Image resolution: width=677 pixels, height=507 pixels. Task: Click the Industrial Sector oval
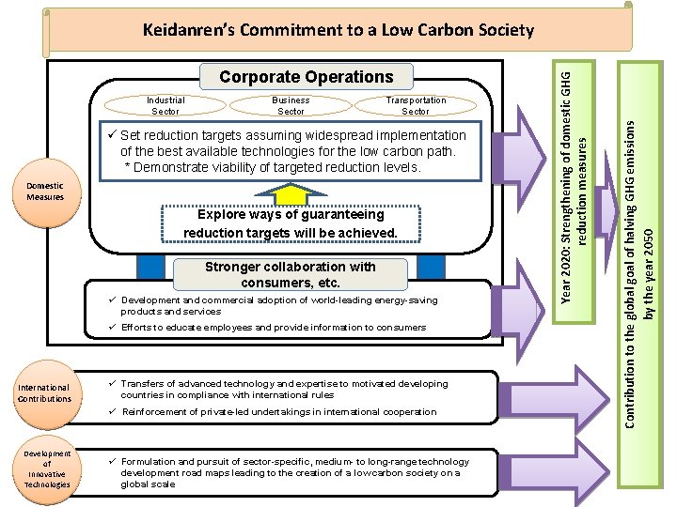165,105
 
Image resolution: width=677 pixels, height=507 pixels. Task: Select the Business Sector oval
291,105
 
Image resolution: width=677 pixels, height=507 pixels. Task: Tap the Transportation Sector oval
416,105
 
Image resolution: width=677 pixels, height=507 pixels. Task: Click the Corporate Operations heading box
307,77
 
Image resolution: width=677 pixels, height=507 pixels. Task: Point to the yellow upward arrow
291,193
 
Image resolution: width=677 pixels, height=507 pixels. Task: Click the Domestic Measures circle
46,192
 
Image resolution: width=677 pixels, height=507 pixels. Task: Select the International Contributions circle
46,394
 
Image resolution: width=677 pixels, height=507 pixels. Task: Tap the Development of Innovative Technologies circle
47,470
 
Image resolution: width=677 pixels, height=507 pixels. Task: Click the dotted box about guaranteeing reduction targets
291,223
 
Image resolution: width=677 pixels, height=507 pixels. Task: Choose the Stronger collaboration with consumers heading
291,274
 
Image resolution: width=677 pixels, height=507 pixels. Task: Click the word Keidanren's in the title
189,30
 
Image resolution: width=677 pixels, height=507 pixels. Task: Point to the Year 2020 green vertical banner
574,192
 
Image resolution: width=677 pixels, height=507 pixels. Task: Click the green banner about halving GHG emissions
640,274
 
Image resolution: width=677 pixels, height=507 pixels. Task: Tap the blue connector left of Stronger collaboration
150,268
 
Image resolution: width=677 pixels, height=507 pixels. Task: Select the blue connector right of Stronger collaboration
431,268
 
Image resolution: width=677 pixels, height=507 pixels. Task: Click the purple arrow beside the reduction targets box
518,158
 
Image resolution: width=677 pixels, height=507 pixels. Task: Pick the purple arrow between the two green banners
607,212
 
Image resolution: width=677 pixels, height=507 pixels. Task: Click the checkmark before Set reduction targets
112,134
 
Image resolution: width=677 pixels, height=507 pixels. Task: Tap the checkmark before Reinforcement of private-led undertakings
113,411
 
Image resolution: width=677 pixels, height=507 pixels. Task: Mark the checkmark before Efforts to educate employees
113,327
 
